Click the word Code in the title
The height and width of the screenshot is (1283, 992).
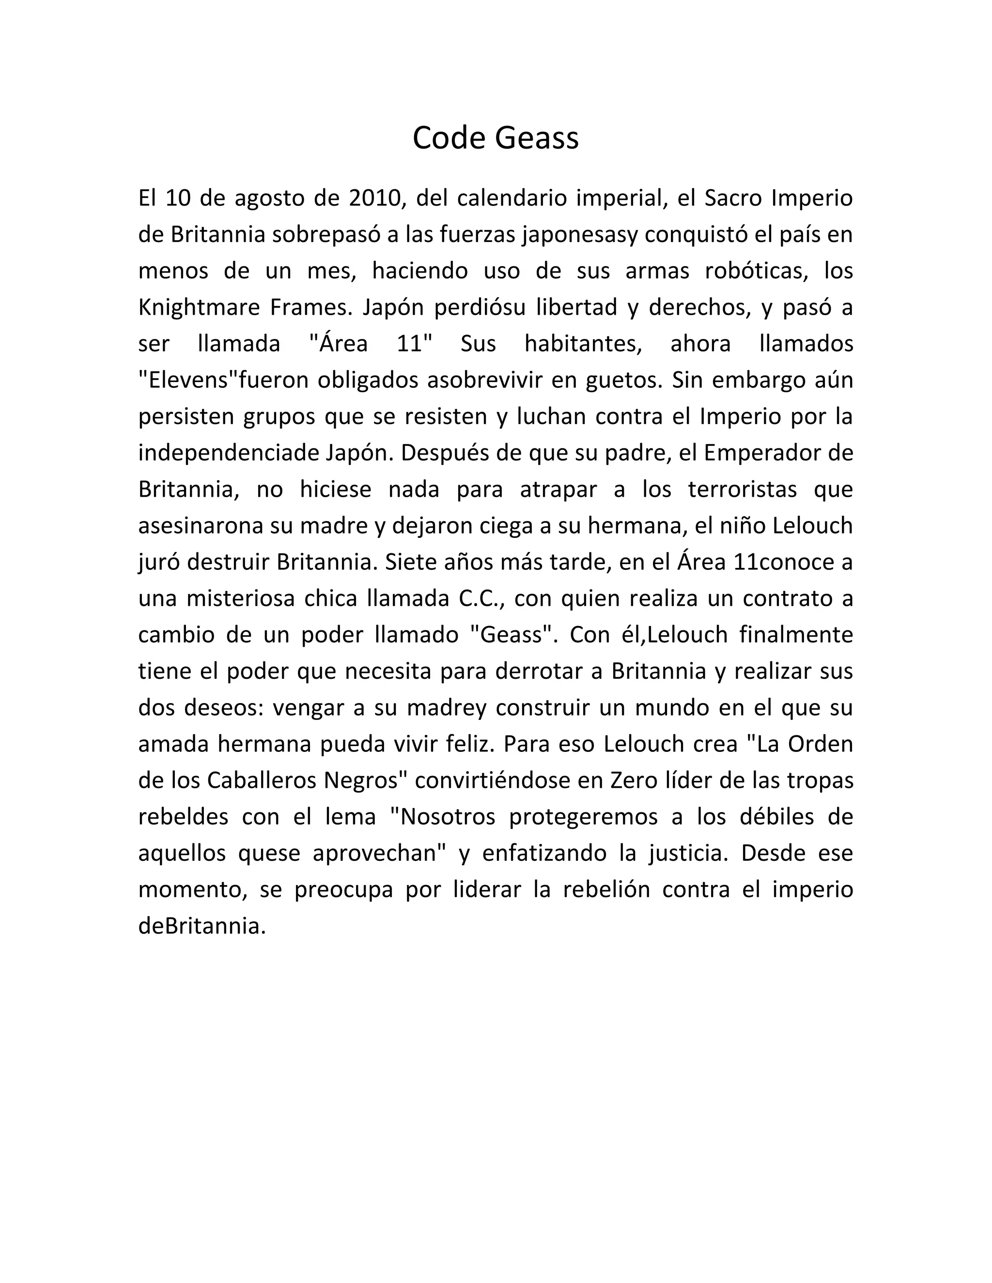pyautogui.click(x=449, y=138)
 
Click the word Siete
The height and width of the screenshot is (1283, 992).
pyautogui.click(x=409, y=562)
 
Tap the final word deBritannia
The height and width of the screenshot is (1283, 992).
pyautogui.click(x=201, y=926)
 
